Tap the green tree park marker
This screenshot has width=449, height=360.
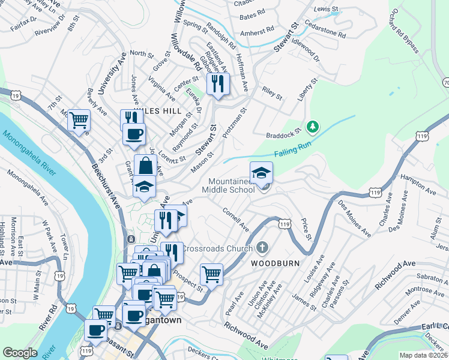click(312, 127)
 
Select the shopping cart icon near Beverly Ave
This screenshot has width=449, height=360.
click(79, 120)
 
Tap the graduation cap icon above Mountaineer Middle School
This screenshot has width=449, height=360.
click(261, 173)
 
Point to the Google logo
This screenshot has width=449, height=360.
click(20, 353)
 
